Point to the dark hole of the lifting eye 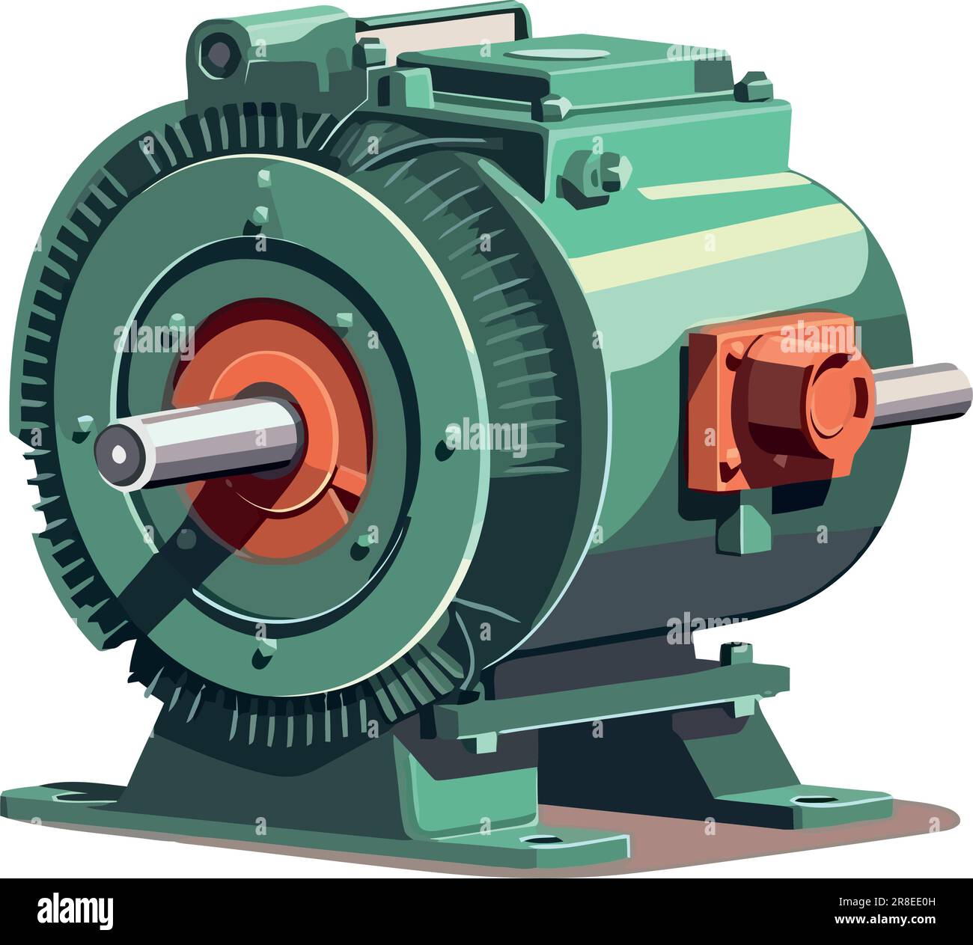(x=219, y=52)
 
